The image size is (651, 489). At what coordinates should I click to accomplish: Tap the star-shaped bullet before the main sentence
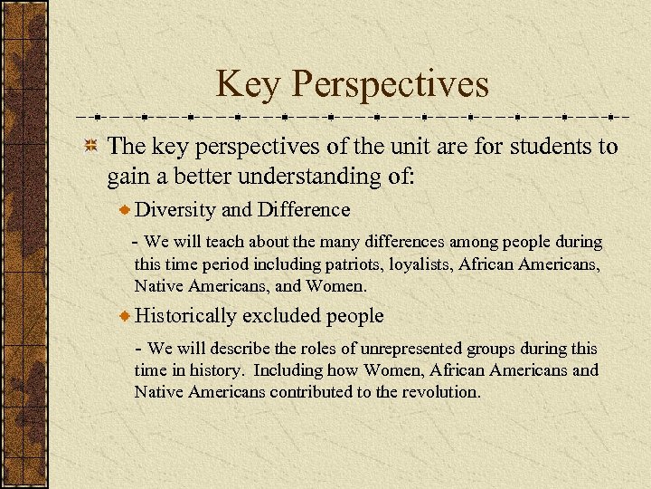[x=90, y=148]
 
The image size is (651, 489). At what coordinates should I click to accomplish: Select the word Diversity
[x=175, y=210]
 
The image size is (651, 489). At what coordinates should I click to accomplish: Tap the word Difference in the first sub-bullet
[x=303, y=210]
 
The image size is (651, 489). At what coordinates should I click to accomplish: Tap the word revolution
[x=448, y=392]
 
